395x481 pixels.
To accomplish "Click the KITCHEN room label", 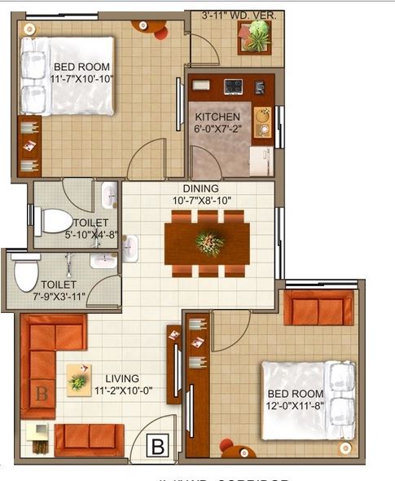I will click(x=217, y=117).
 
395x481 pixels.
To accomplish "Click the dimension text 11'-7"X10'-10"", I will click(x=82, y=79).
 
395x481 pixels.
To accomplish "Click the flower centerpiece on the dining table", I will click(x=209, y=243).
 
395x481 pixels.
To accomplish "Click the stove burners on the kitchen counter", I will click(x=234, y=84).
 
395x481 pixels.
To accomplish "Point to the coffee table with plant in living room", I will click(x=79, y=379).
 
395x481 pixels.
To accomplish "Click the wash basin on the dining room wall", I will click(x=132, y=247).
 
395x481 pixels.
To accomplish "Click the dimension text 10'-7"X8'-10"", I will click(x=205, y=200).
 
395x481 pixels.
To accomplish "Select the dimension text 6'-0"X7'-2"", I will click(x=217, y=128).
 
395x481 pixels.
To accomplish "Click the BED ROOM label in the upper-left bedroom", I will click(x=81, y=67).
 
